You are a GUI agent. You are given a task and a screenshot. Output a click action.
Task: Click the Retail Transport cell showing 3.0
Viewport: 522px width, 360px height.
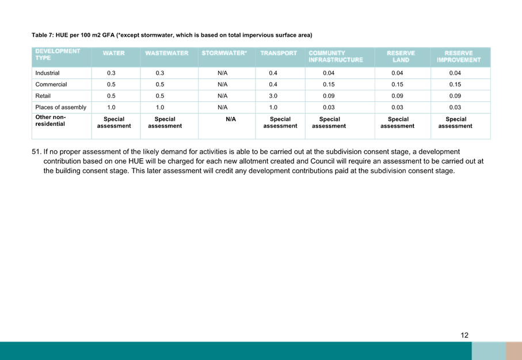pos(273,96)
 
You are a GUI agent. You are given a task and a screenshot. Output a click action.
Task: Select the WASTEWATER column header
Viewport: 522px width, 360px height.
pos(167,53)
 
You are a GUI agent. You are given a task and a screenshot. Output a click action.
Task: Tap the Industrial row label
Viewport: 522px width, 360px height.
pos(47,73)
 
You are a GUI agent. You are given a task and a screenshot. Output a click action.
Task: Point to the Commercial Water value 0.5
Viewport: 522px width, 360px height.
pos(111,85)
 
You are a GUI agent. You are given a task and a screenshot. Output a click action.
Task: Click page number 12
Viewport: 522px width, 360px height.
pos(464,335)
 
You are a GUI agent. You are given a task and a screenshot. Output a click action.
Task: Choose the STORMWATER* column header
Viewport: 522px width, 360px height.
pos(224,53)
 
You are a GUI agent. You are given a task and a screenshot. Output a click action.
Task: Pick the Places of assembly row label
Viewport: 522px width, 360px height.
pos(60,107)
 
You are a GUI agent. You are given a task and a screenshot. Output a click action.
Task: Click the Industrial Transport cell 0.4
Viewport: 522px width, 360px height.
pos(273,73)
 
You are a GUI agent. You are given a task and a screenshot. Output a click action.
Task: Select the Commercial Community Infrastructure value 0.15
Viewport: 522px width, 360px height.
pos(329,85)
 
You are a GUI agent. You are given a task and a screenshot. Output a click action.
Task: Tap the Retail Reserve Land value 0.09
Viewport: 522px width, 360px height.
pos(397,96)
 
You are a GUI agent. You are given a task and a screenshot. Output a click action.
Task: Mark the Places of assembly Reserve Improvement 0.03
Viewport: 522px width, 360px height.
pos(455,107)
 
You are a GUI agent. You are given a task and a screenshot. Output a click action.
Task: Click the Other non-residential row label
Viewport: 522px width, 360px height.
pos(51,120)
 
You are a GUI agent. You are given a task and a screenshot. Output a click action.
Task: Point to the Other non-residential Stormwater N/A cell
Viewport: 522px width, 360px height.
pos(231,119)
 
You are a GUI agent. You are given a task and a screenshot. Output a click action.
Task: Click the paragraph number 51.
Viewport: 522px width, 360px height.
pos(36,152)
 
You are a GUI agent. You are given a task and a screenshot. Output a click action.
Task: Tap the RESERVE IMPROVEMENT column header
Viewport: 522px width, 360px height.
pos(459,56)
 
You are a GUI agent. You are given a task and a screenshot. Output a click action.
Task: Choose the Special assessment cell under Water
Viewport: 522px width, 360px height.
pos(114,122)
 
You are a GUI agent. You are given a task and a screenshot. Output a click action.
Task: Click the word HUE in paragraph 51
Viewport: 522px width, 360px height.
pos(136,162)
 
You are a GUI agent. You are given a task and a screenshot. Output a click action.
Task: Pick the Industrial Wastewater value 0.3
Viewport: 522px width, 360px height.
pos(160,73)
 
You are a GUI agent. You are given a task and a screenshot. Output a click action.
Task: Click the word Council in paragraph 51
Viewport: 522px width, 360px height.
pos(322,162)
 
